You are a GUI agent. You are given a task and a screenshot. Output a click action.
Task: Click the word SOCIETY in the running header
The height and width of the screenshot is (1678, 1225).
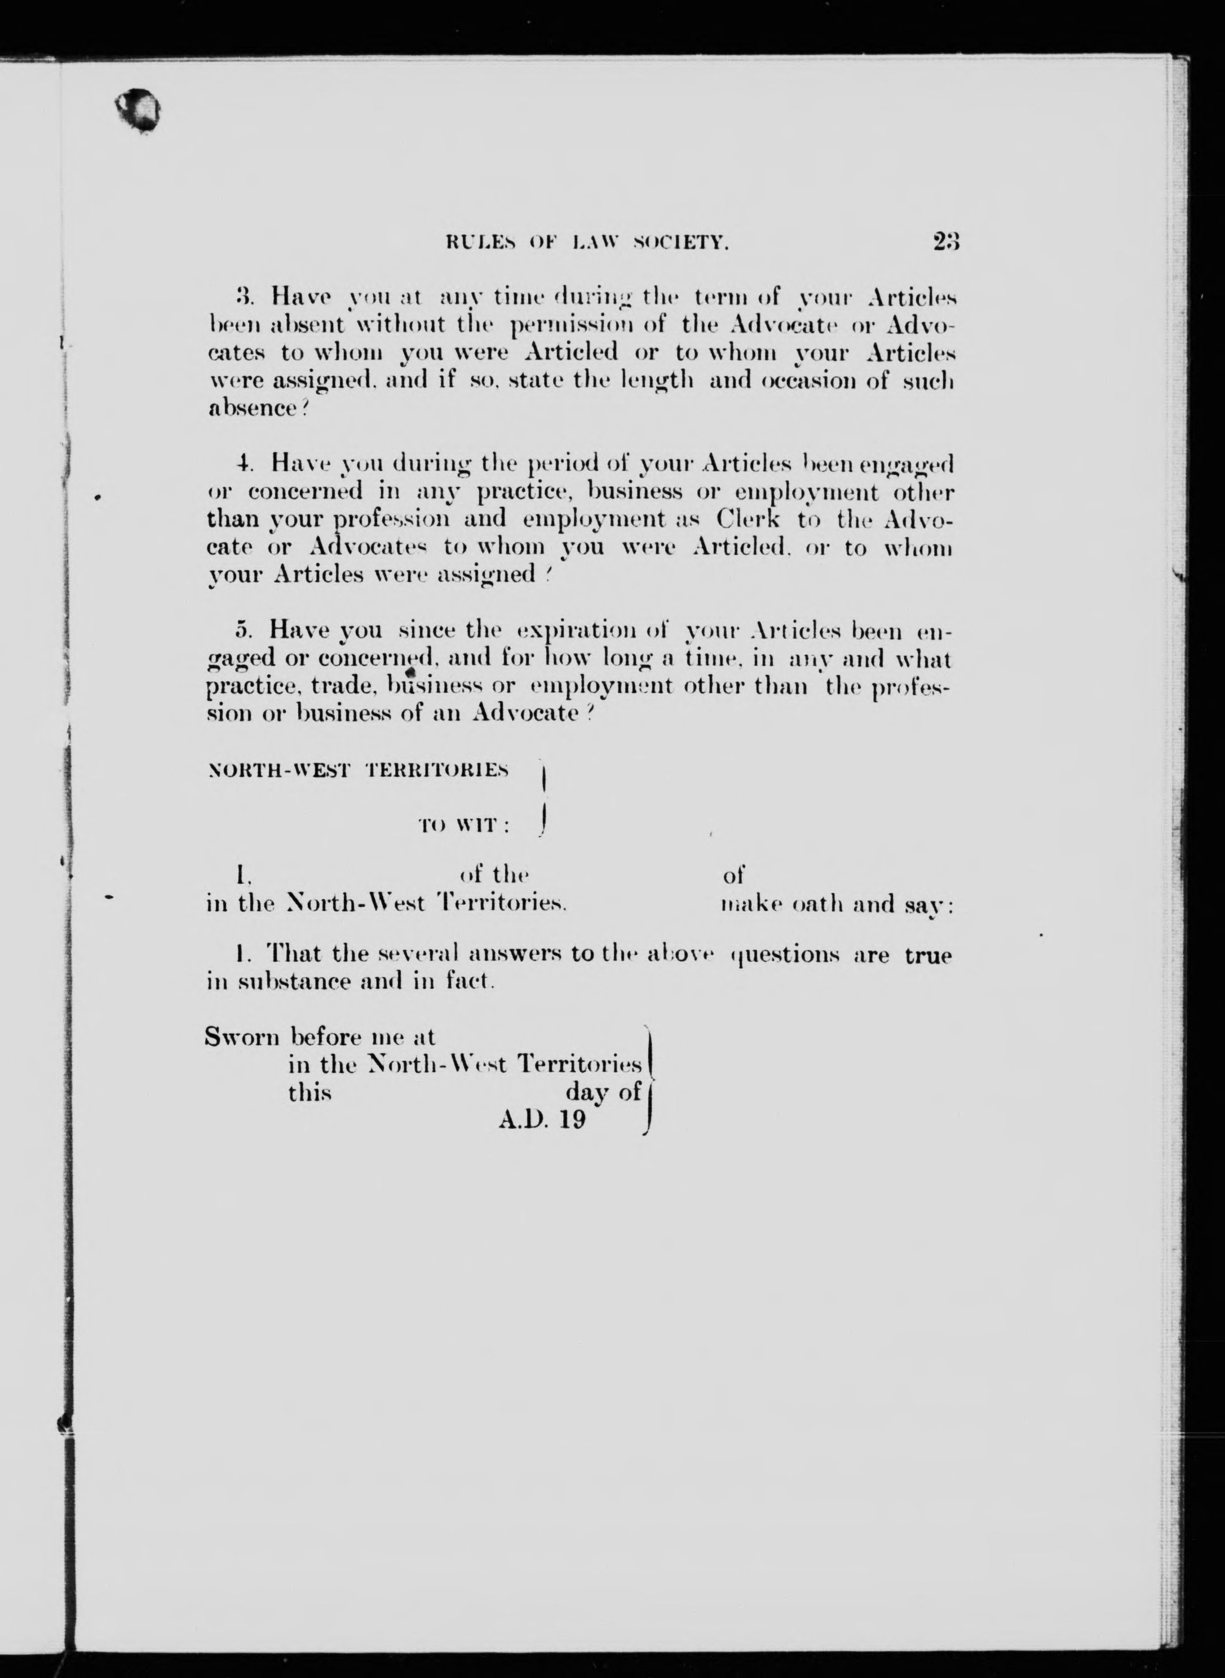click(x=682, y=242)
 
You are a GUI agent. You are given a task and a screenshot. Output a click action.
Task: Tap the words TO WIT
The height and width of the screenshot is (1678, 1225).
click(x=465, y=827)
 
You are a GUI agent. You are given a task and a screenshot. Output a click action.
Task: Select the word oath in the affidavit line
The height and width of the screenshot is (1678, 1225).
click(x=819, y=904)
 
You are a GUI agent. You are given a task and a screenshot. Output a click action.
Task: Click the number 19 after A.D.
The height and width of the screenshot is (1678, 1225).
click(x=572, y=1119)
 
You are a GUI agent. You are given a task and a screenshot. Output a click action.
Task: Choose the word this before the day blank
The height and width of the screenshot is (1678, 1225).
click(x=309, y=1092)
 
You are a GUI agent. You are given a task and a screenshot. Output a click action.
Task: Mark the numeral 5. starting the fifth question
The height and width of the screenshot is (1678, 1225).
click(x=242, y=630)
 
